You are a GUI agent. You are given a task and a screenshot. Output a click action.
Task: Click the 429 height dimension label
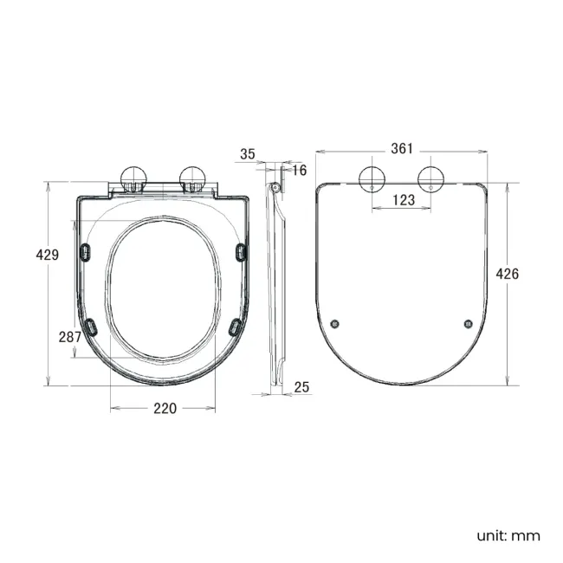[x=47, y=255]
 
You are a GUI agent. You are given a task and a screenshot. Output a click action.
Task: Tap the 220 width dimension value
[x=165, y=408]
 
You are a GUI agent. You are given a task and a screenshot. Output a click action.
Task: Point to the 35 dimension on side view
[x=248, y=154]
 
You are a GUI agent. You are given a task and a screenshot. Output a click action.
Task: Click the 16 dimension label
[x=300, y=171]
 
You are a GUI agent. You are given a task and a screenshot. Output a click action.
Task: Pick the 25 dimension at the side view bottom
[x=301, y=386]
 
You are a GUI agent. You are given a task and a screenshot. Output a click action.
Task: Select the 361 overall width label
[x=401, y=148]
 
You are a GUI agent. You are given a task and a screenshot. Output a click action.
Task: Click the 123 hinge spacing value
[x=403, y=200]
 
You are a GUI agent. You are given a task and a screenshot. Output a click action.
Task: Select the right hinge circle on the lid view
[x=432, y=178]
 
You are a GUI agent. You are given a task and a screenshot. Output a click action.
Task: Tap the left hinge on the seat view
[x=133, y=178]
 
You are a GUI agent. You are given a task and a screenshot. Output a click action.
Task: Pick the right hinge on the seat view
[x=192, y=178]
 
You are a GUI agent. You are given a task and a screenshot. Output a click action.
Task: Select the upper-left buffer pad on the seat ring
[x=85, y=250]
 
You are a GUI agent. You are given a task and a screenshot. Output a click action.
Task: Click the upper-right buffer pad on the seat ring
[x=241, y=250]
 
